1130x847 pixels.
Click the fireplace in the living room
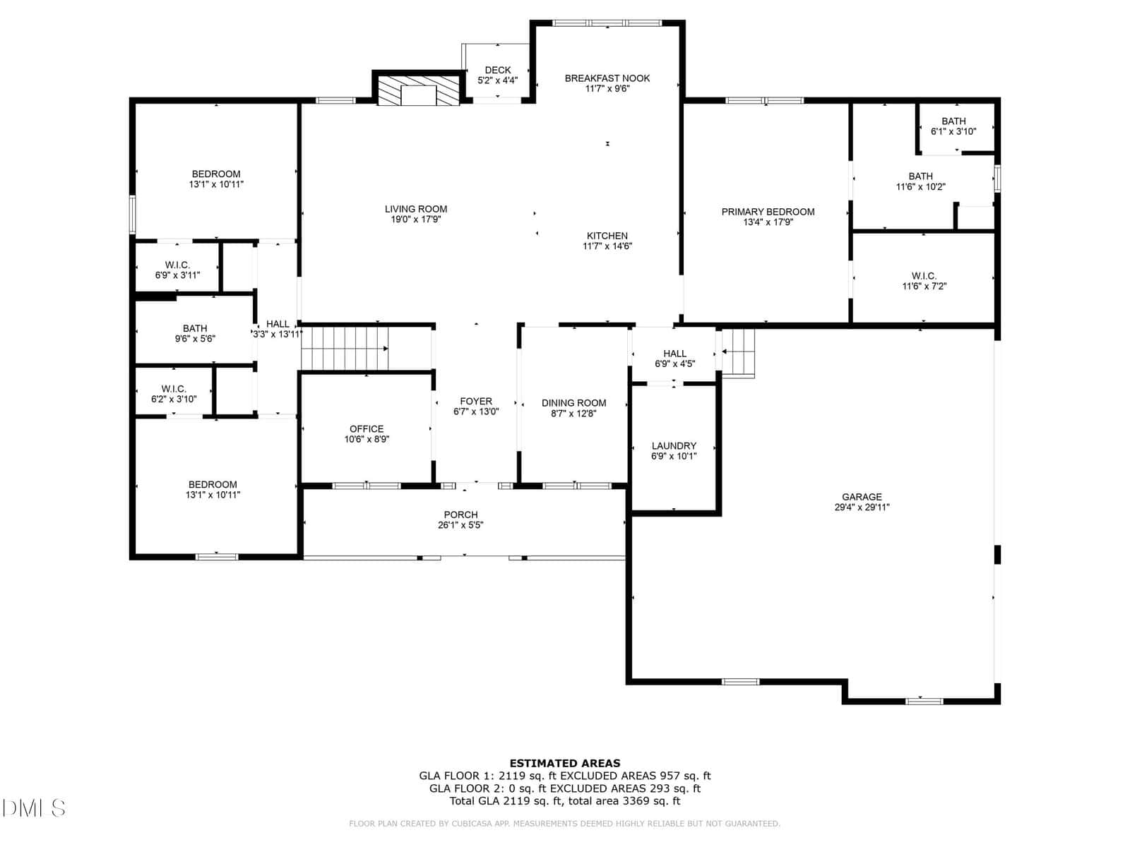click(x=418, y=91)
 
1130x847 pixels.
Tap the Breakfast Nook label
click(x=607, y=78)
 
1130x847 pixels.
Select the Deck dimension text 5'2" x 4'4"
click(x=497, y=80)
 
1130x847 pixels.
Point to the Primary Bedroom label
click(x=768, y=211)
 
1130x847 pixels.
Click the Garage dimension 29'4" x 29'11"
click(x=862, y=507)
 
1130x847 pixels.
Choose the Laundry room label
click(x=674, y=445)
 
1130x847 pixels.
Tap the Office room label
click(x=367, y=428)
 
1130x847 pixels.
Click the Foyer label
click(x=476, y=401)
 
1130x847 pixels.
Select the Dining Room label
click(x=573, y=402)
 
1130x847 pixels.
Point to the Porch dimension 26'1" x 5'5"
click(x=460, y=525)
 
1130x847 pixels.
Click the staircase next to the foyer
click(x=345, y=349)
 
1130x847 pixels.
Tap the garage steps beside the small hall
click(x=738, y=354)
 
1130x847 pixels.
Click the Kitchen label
click(x=607, y=236)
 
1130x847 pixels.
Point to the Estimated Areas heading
click(x=565, y=763)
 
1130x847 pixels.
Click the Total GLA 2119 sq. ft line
click(x=565, y=800)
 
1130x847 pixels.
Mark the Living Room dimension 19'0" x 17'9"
click(x=415, y=220)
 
